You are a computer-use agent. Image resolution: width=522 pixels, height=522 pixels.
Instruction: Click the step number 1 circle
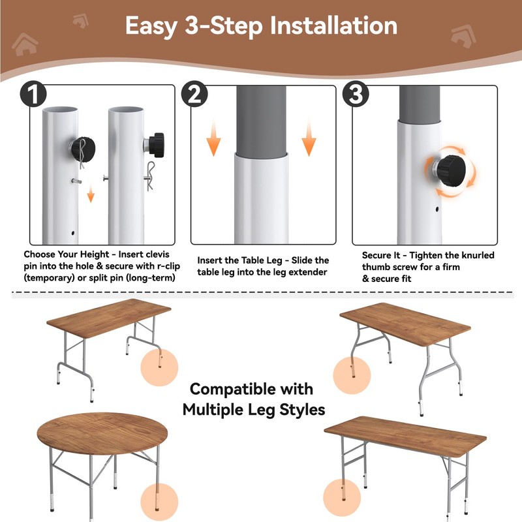(33, 94)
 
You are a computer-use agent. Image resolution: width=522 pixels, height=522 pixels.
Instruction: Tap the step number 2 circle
(194, 94)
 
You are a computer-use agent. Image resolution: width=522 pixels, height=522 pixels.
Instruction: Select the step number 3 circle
(356, 94)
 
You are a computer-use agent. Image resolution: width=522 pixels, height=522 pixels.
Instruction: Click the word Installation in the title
(333, 25)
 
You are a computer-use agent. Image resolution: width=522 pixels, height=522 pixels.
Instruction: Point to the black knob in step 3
(450, 169)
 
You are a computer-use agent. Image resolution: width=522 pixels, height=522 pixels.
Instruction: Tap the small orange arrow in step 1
(91, 194)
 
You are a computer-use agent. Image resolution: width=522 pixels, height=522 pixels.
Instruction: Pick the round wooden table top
(102, 433)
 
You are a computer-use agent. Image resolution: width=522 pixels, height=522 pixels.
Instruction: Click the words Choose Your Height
(67, 254)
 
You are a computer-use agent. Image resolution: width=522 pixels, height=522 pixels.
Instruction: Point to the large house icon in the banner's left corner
(25, 44)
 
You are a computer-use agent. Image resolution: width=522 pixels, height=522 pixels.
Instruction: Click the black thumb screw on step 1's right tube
(156, 145)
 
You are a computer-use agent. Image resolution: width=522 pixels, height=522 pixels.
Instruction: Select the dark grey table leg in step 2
(262, 120)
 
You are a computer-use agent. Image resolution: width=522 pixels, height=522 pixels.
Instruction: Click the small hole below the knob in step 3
(437, 209)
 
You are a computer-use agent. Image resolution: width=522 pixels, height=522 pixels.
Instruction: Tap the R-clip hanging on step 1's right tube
(151, 176)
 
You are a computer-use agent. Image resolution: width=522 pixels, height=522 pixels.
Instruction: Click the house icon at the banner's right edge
(463, 37)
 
